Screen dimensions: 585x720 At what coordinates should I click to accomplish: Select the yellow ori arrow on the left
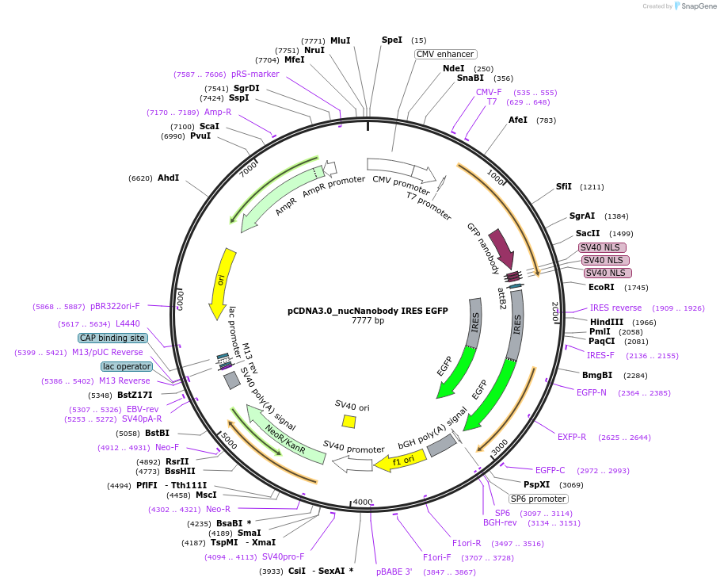point(223,282)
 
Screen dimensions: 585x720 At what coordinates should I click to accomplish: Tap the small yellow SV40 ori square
point(349,421)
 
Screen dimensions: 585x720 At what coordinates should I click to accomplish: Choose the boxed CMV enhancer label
point(445,54)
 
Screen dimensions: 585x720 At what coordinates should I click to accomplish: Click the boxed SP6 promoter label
point(539,499)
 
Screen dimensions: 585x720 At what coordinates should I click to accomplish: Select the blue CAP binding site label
point(112,338)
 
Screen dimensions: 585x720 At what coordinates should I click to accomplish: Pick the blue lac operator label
point(126,366)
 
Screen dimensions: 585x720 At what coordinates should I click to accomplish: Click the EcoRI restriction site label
point(601,287)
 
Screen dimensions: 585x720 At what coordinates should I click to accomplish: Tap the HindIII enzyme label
point(606,322)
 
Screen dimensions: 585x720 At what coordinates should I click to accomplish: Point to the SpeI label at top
point(392,40)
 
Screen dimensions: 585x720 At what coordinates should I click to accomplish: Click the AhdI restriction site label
point(168,178)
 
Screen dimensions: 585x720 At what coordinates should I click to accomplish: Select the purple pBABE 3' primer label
point(394,572)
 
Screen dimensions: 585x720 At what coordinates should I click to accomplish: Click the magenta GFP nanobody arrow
point(501,248)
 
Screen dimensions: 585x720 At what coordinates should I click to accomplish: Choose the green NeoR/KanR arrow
point(286,434)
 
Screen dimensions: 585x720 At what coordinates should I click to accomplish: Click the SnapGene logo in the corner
point(695,6)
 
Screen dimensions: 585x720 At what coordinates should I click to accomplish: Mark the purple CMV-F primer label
point(489,92)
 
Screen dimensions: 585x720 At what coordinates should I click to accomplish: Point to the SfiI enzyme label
point(564,187)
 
